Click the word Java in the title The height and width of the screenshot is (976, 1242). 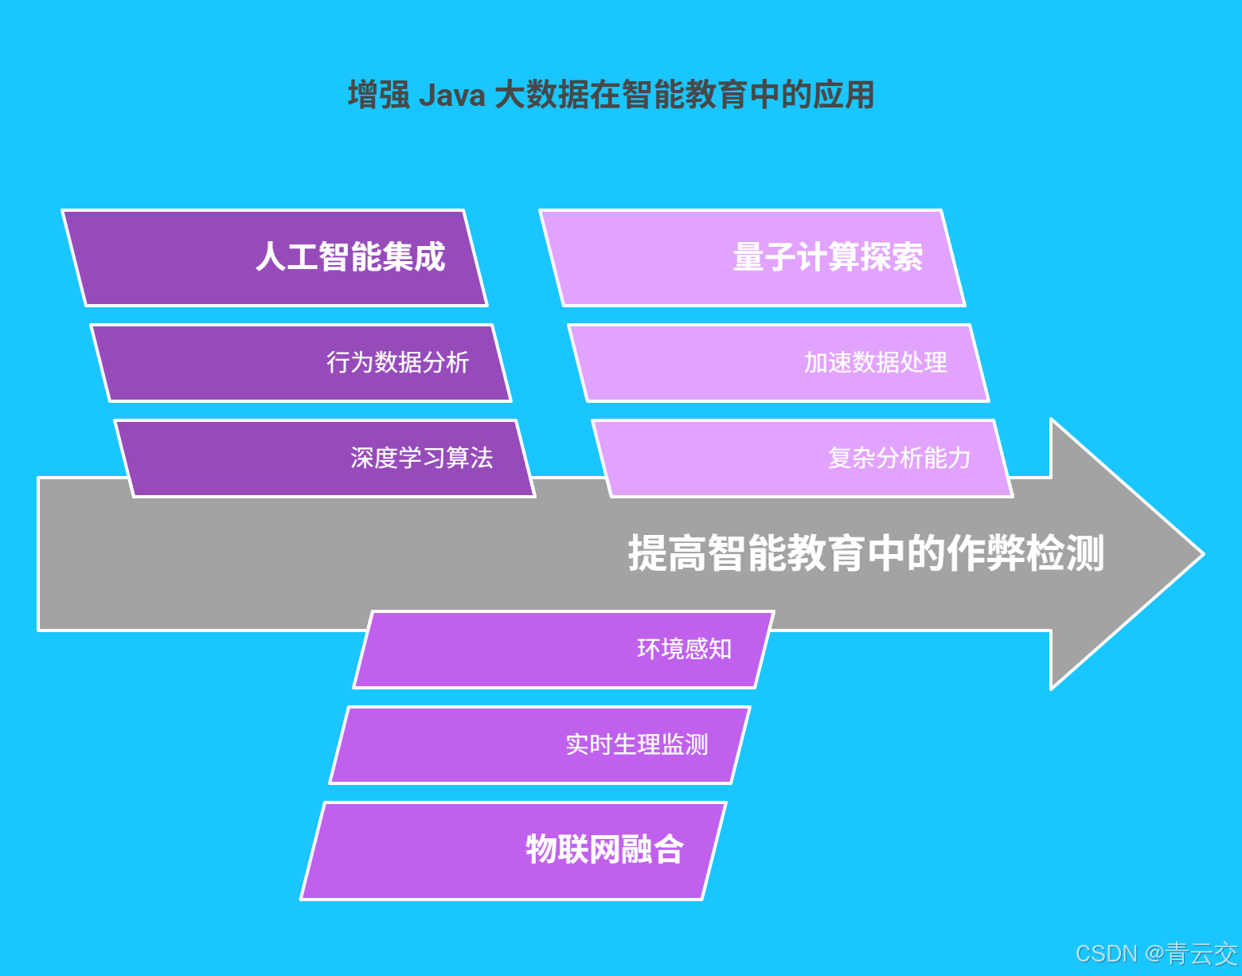click(x=451, y=96)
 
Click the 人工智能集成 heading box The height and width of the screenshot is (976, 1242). click(x=275, y=258)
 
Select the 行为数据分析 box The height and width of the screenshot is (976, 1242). click(x=301, y=363)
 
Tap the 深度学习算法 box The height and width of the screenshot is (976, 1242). click(x=325, y=459)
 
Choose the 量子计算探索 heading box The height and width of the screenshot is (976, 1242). click(x=752, y=258)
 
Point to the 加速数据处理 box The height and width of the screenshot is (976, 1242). click(x=779, y=363)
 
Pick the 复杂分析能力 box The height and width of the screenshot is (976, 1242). click(x=803, y=459)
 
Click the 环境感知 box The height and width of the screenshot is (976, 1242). click(x=564, y=650)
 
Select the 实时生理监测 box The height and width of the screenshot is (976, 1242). click(x=540, y=745)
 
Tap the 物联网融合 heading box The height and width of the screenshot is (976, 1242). click(x=514, y=850)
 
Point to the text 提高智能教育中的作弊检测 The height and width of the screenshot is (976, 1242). click(x=866, y=554)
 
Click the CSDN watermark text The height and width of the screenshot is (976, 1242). click(x=1106, y=954)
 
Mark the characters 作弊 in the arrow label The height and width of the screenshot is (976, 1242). click(x=986, y=554)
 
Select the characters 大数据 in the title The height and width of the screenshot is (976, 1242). click(x=541, y=96)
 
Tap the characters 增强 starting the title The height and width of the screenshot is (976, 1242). click(x=379, y=96)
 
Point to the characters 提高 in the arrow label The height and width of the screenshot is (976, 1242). click(x=667, y=554)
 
